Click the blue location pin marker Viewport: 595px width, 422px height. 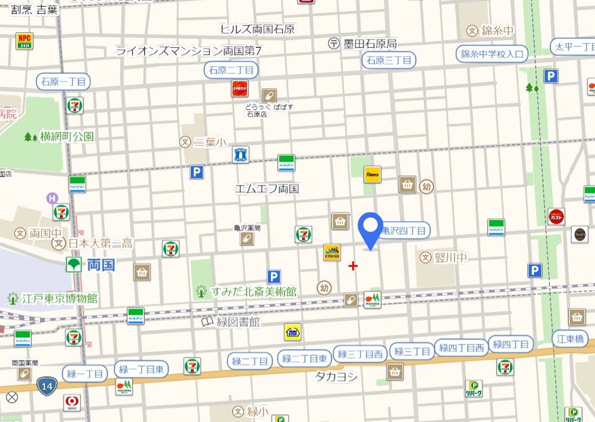(x=371, y=229)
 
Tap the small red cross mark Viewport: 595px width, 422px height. (x=353, y=266)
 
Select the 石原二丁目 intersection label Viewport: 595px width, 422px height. (x=230, y=70)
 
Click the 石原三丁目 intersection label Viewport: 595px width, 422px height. (x=389, y=60)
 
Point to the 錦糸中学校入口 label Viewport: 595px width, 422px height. (x=492, y=54)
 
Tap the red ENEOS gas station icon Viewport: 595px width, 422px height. (x=240, y=88)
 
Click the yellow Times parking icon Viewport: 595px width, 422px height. (x=373, y=174)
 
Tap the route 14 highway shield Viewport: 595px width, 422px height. (x=47, y=386)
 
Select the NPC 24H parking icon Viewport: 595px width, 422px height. (x=25, y=41)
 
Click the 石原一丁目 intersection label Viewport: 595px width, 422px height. (x=63, y=81)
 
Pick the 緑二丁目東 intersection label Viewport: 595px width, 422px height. (x=304, y=359)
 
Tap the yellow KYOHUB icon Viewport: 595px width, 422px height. (x=332, y=252)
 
